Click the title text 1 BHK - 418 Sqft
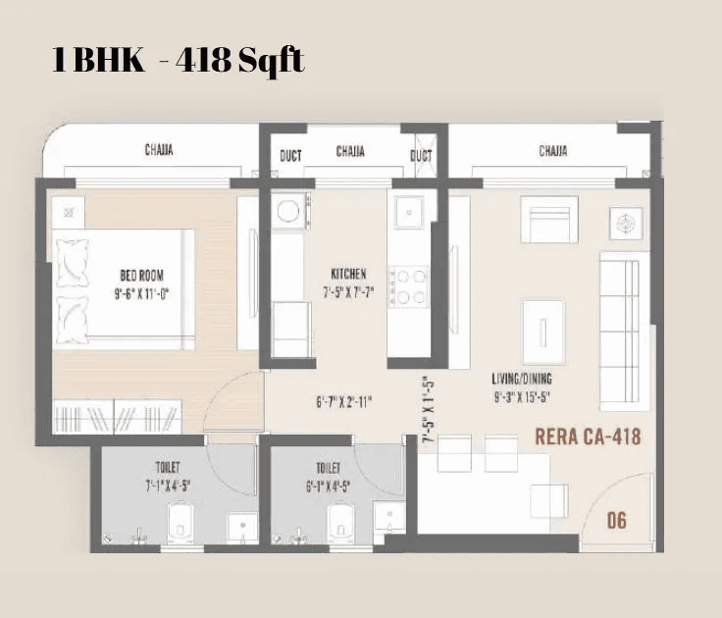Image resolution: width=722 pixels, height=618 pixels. pos(179,61)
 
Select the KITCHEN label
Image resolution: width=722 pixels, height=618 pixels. pos(348,274)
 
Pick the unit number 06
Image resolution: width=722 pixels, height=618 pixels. pos(616,520)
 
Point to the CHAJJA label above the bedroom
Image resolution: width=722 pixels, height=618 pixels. pos(160,151)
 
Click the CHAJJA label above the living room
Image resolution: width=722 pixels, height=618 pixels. pos(552,151)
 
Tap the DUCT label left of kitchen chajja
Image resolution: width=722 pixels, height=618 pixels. pos(290,155)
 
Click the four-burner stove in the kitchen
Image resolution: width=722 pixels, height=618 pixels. pos(407,285)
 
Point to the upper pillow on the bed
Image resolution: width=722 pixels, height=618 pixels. pos(74,259)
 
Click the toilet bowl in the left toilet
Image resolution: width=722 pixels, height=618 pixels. pos(178,523)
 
